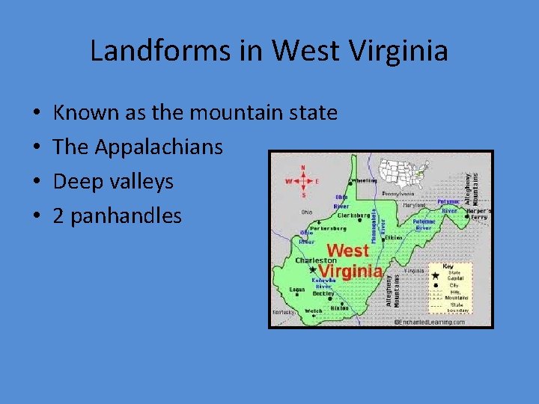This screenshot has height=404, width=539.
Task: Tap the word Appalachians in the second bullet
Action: pos(159,147)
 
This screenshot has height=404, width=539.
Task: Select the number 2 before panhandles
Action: pos(58,216)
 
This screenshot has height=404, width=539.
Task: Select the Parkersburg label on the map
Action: pos(326,228)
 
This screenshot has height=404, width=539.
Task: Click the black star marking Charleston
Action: pos(312,269)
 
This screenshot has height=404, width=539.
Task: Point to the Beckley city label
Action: pos(323,294)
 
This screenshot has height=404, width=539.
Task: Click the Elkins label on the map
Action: pos(394,238)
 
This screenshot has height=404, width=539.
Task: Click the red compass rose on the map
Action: pos(302,180)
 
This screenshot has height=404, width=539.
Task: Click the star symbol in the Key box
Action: pos(435,275)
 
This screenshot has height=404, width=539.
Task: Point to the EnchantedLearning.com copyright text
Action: pos(429,322)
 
